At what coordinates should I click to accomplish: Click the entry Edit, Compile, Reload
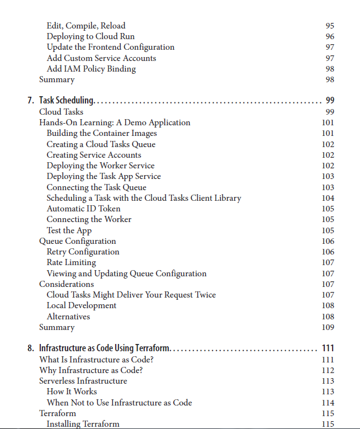click(x=86, y=26)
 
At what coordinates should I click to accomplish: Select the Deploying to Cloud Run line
click(x=91, y=36)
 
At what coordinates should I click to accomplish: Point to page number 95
click(x=329, y=26)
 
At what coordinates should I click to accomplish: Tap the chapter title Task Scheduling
click(x=67, y=101)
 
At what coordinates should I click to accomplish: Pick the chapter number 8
click(x=30, y=348)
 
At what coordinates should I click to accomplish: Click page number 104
click(x=328, y=198)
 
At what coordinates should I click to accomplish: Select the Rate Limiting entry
click(x=71, y=262)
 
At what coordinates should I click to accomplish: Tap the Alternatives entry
click(x=68, y=317)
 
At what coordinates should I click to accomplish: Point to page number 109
click(x=328, y=327)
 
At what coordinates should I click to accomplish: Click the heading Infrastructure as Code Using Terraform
click(x=104, y=348)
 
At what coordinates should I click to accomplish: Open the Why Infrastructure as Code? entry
click(x=91, y=370)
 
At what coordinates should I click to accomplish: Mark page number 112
click(x=328, y=370)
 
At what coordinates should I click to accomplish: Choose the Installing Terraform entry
click(x=83, y=424)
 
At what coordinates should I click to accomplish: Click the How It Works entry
click(x=72, y=392)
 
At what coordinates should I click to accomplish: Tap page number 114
click(x=328, y=403)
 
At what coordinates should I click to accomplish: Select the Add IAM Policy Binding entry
click(x=91, y=69)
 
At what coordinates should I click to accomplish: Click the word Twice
click(x=205, y=295)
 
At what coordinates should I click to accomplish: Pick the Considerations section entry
click(x=67, y=284)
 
